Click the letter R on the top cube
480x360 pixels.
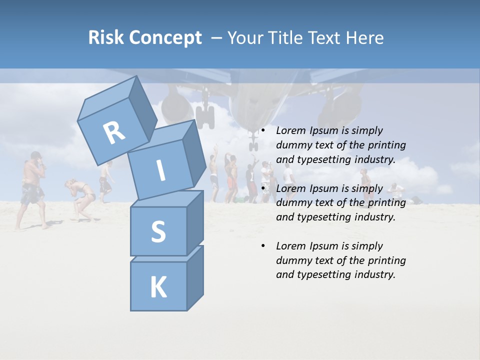114,133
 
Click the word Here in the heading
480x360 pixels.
366,37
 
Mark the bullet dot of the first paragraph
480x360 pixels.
263,131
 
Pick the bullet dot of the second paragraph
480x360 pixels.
263,188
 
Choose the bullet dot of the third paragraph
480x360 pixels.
263,246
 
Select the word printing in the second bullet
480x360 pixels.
387,202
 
